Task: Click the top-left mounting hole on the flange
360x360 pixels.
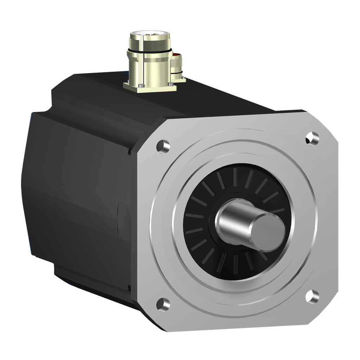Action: pyautogui.click(x=163, y=146)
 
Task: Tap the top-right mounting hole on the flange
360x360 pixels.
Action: pyautogui.click(x=312, y=138)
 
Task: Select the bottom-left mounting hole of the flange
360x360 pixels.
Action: pyautogui.click(x=163, y=304)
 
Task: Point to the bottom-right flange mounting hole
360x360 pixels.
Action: pyautogui.click(x=312, y=296)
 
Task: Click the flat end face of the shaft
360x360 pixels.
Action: pyautogui.click(x=269, y=232)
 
